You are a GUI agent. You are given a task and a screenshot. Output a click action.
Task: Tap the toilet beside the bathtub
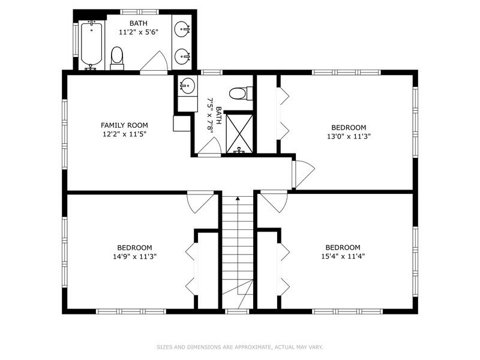pos(117,58)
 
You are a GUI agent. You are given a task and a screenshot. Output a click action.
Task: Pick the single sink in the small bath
pos(188,86)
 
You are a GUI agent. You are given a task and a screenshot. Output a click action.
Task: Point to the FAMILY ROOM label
pos(124,125)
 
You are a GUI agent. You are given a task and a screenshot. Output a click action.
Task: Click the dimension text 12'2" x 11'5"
pos(124,134)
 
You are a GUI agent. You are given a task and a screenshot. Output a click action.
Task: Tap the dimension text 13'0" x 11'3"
pos(349,136)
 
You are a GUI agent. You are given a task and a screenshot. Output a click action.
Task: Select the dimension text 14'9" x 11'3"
pos(134,256)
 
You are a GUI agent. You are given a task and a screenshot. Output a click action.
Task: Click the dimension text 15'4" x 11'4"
pos(343,256)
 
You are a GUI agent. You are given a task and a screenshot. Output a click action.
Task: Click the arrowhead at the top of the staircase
pos(238,198)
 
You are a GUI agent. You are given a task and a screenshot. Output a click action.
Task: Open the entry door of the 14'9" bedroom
pos(200,202)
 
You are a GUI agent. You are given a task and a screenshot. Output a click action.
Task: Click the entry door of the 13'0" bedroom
pos(302,174)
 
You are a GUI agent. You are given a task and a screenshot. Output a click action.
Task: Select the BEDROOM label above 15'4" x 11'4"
pos(343,247)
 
